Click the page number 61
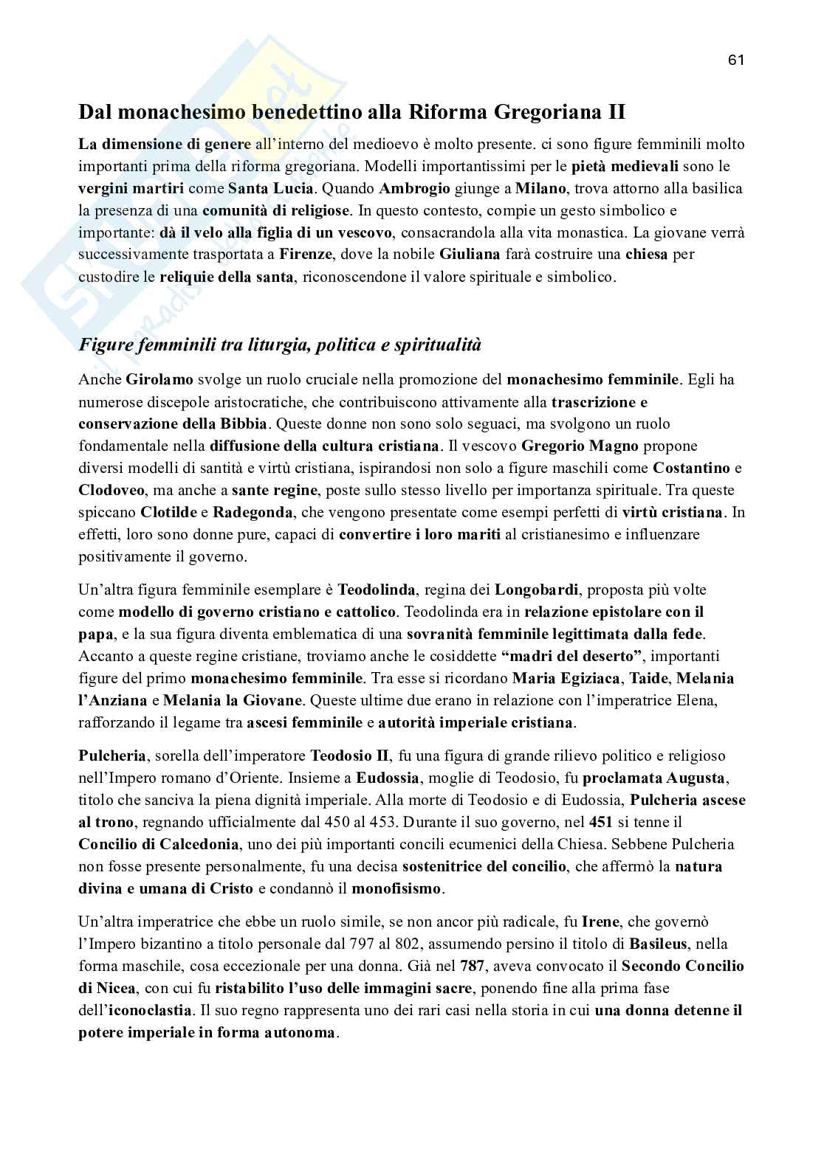click(735, 60)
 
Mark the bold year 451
click(601, 822)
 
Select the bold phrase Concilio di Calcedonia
click(159, 844)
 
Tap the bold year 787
click(473, 966)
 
